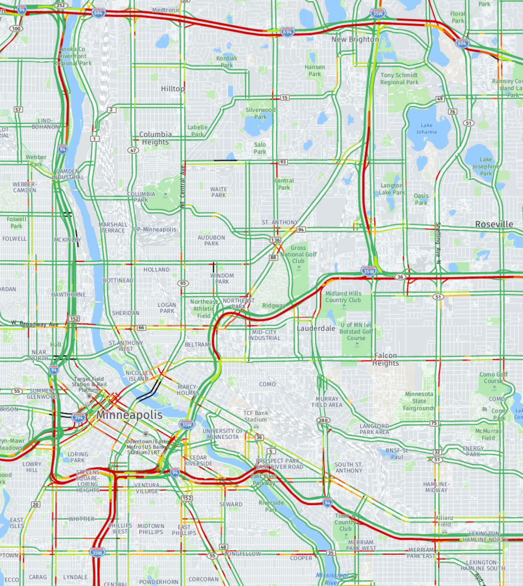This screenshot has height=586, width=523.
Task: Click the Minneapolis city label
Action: coord(129,415)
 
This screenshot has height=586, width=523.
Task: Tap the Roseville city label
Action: coord(494,224)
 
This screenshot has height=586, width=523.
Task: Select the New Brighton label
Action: coord(355,39)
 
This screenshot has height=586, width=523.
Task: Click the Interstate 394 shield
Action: coord(79,417)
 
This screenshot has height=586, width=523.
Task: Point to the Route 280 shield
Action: coord(323,420)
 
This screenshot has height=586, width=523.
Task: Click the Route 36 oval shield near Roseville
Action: coord(400,277)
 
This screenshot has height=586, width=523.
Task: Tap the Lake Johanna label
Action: coord(426,128)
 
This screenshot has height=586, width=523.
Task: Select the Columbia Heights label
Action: coord(155,138)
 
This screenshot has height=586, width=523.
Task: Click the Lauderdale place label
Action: coord(316,328)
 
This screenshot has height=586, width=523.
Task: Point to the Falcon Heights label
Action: coord(385,359)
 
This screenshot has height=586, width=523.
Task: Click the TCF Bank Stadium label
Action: coord(256,416)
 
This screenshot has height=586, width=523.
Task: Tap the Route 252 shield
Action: coord(61,5)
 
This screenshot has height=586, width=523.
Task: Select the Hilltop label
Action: coord(173,89)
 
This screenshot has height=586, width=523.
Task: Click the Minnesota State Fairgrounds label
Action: coord(419,401)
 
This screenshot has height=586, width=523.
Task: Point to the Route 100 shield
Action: coord(16,29)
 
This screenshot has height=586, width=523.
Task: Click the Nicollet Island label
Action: coord(138,376)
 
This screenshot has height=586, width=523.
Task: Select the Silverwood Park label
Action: coord(260,113)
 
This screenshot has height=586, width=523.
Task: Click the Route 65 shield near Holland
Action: coord(183,283)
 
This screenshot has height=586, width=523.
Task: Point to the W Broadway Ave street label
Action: coord(35,324)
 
